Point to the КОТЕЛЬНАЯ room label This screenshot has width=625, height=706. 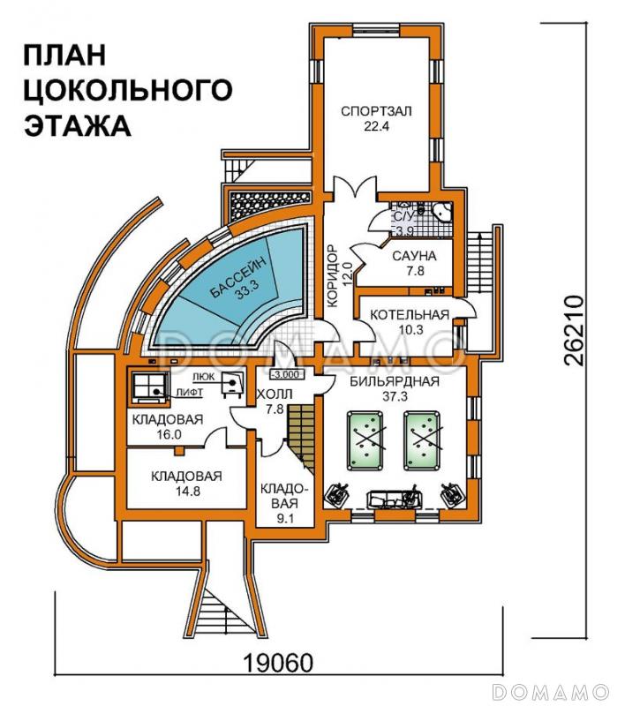[409, 314]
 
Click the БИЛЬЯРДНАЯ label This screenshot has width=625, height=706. [395, 382]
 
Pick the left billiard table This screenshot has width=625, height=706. [370, 439]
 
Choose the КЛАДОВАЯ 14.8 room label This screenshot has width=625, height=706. [185, 483]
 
